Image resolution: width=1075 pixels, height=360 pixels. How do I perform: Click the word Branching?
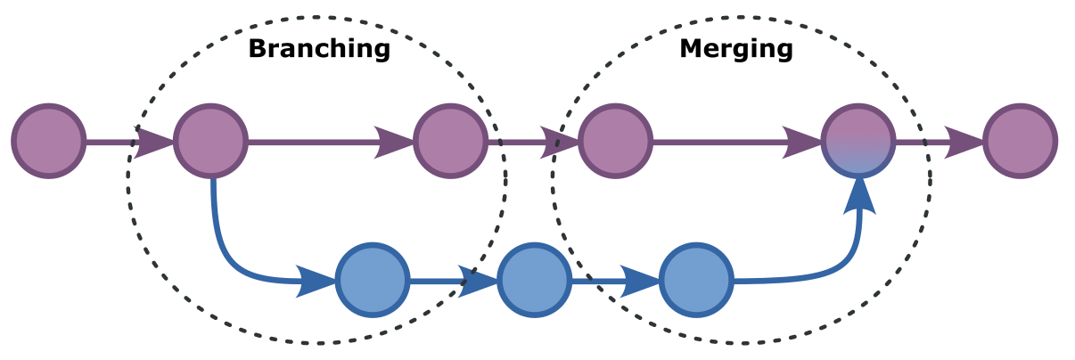(319, 48)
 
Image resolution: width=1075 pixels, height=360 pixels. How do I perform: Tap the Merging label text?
(735, 48)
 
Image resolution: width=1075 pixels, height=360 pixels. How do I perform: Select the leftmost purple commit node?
(48, 141)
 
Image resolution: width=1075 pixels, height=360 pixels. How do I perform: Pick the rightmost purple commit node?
(1020, 141)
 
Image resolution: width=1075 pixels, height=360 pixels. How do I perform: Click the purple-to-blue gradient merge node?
(858, 141)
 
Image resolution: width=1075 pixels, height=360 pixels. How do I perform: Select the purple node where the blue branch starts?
(210, 141)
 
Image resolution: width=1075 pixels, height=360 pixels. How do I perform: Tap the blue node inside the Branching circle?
(373, 280)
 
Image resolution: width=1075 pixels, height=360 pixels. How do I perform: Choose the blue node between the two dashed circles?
(533, 280)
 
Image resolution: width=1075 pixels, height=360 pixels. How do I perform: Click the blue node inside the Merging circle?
(695, 280)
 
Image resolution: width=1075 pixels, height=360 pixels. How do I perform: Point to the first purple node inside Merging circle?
(615, 141)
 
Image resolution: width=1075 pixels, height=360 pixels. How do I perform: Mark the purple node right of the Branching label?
(450, 141)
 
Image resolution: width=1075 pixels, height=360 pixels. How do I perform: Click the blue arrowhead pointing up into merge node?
(858, 195)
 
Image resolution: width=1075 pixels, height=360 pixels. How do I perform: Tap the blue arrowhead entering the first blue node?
(316, 281)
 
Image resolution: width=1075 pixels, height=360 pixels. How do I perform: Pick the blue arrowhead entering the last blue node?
(640, 281)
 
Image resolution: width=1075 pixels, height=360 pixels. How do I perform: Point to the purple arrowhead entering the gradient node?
(802, 141)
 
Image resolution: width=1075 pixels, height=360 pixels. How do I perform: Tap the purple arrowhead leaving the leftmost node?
(153, 141)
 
